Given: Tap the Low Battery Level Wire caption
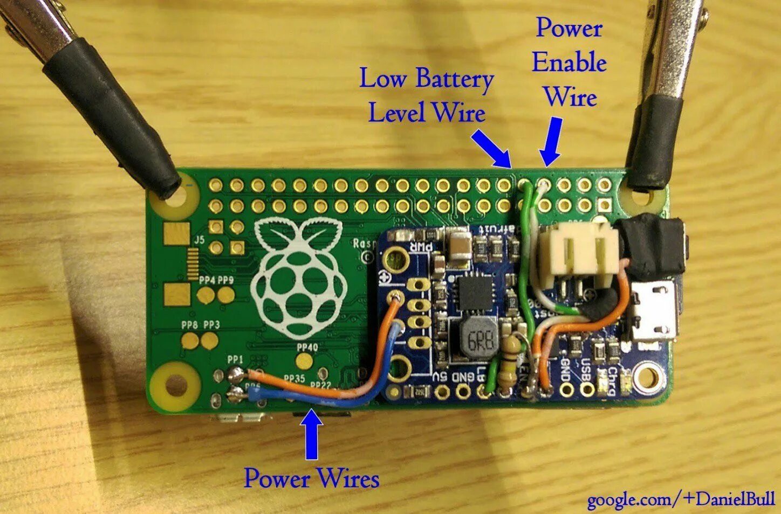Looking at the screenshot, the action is [x=426, y=96].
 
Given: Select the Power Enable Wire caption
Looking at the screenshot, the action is [x=569, y=62].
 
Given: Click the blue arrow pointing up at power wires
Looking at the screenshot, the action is [x=311, y=434].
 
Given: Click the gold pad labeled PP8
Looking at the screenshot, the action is [x=190, y=341].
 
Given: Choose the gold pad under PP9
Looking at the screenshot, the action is [x=225, y=294].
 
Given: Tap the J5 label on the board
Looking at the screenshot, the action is [x=199, y=241].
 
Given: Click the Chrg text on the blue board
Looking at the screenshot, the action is [x=612, y=380].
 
